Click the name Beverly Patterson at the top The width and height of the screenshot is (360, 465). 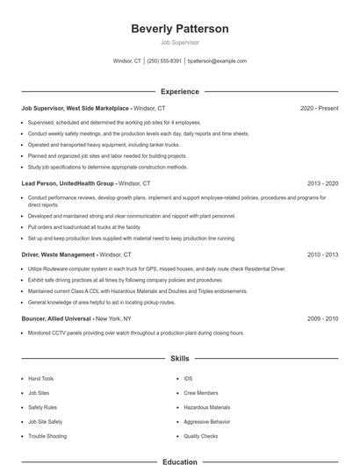click(179, 29)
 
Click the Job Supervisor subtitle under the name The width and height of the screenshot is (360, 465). click(179, 42)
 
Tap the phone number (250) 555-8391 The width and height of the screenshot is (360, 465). click(164, 61)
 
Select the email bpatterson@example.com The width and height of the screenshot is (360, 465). click(217, 61)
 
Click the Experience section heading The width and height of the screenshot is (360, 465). click(179, 91)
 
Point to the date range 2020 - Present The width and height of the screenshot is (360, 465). click(319, 108)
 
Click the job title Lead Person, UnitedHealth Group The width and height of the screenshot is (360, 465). click(68, 183)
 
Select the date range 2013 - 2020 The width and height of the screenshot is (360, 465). click(322, 183)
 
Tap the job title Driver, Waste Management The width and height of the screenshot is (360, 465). click(58, 254)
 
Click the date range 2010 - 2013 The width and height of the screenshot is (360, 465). click(322, 254)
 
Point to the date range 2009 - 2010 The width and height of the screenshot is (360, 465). click(322, 318)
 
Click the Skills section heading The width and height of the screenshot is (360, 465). click(179, 358)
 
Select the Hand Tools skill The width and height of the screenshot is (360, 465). click(40, 379)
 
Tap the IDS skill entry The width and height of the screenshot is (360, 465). click(188, 379)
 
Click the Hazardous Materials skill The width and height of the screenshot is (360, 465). click(206, 407)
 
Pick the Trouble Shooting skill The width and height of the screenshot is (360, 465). click(47, 435)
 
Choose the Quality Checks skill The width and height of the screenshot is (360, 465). click(200, 435)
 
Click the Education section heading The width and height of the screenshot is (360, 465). click(179, 461)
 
